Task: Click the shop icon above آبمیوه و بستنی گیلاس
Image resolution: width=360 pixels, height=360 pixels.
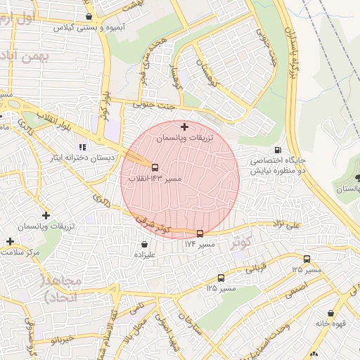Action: (89, 16)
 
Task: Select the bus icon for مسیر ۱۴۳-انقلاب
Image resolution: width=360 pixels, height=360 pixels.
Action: (155, 168)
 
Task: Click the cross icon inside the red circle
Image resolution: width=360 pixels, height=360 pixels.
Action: (184, 127)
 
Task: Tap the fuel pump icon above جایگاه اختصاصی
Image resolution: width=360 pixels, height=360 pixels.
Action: (278, 150)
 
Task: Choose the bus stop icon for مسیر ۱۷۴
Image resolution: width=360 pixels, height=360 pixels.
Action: (200, 233)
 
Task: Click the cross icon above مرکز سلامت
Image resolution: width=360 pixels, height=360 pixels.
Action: (10, 241)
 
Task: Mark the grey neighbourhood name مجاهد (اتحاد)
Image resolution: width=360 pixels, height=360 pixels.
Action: (63, 288)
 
